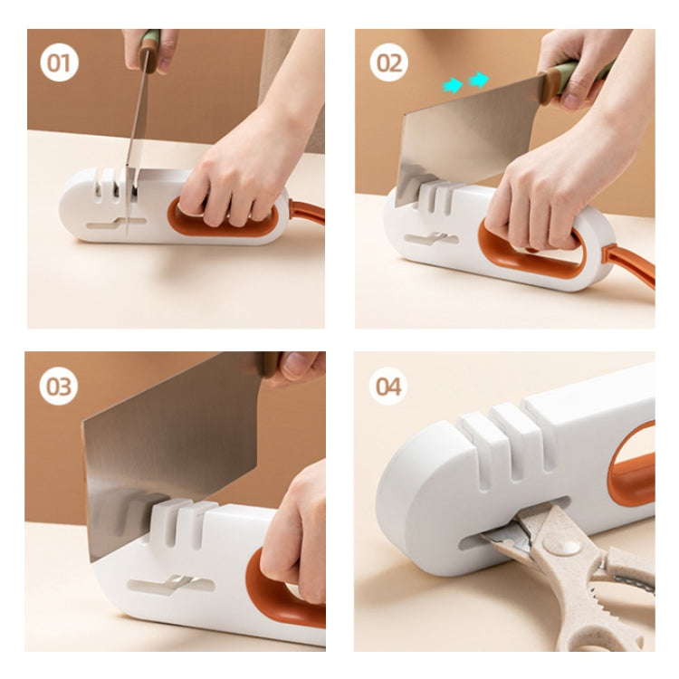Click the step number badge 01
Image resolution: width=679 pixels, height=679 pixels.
tap(60, 63)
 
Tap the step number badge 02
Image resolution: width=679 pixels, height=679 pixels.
tap(388, 62)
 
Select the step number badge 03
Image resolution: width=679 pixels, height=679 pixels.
tap(59, 387)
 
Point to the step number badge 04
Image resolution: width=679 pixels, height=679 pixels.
tap(387, 387)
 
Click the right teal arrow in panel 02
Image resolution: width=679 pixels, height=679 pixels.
tap(479, 80)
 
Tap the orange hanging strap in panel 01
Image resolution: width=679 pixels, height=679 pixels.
tap(307, 213)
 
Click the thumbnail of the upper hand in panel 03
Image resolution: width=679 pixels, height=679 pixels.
tap(294, 366)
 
